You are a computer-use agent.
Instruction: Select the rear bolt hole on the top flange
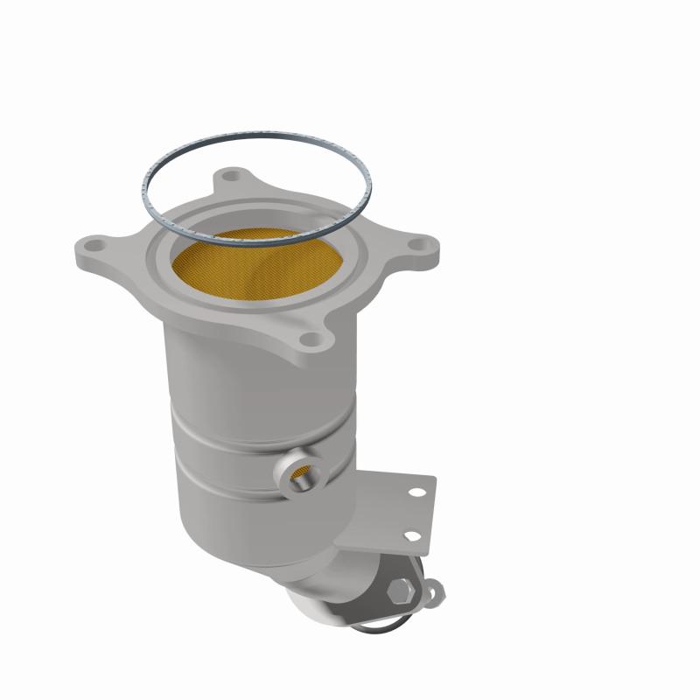(x=231, y=178)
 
